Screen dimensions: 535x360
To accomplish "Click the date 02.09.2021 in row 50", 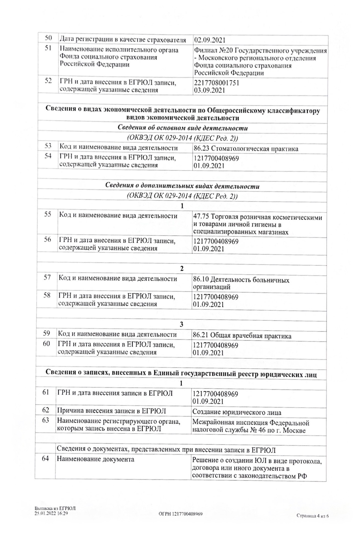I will [x=210, y=40].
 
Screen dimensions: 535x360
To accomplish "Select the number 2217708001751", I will [x=216, y=83].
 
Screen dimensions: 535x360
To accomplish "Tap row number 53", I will [x=48, y=146].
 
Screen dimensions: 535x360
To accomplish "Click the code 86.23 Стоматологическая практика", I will [x=246, y=149].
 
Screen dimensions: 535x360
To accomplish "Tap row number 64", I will [x=45, y=458].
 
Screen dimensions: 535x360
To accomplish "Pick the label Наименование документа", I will [x=95, y=459].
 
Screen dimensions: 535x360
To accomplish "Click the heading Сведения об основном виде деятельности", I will [x=182, y=128].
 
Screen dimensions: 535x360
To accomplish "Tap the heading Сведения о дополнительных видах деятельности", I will [x=182, y=186].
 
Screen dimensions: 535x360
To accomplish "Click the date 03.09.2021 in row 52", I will [x=209, y=90].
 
